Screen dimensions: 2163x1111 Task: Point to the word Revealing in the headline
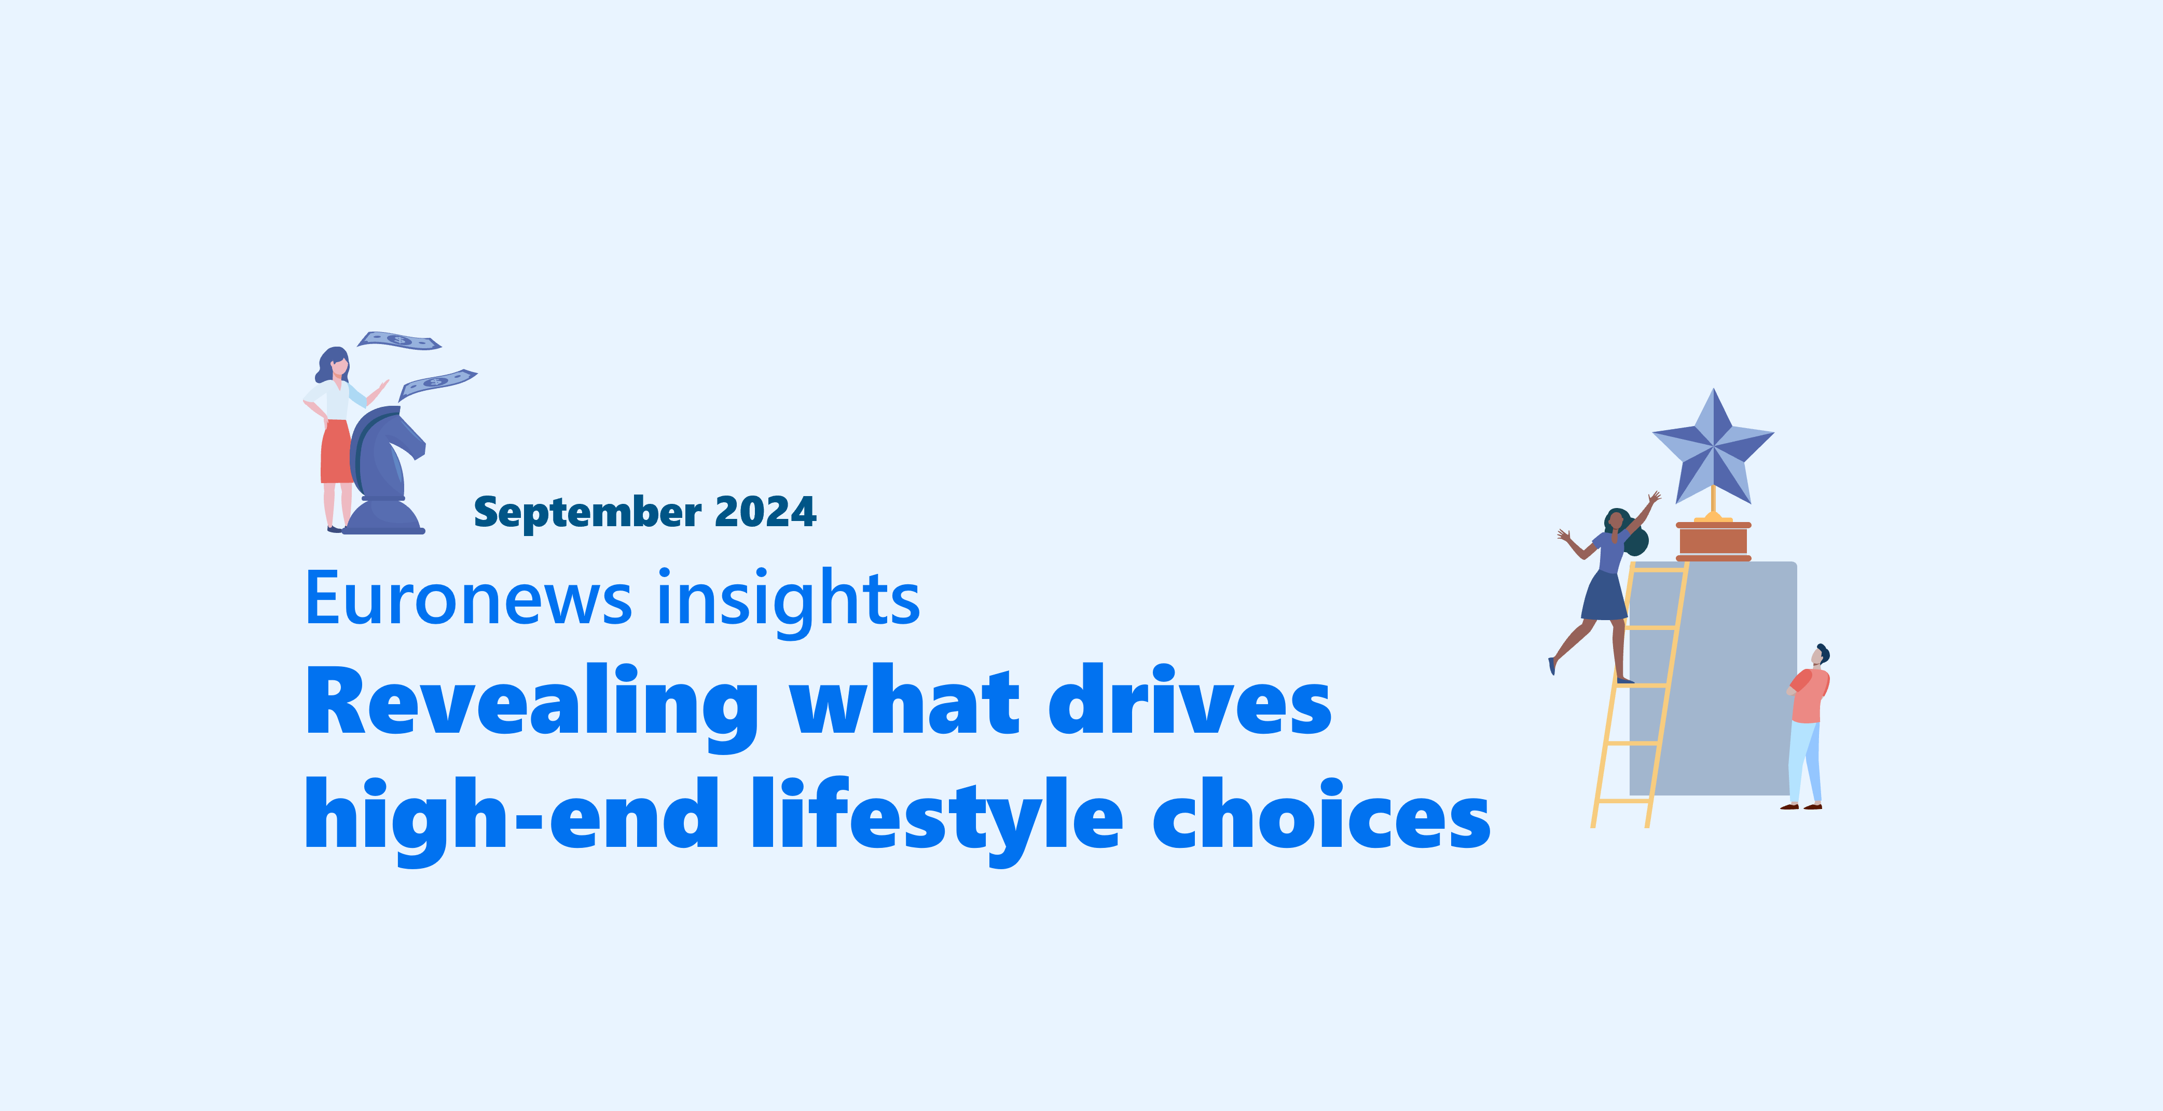(531, 707)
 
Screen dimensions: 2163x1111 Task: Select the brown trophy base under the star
(1713, 541)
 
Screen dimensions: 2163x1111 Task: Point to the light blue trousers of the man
(1804, 762)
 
